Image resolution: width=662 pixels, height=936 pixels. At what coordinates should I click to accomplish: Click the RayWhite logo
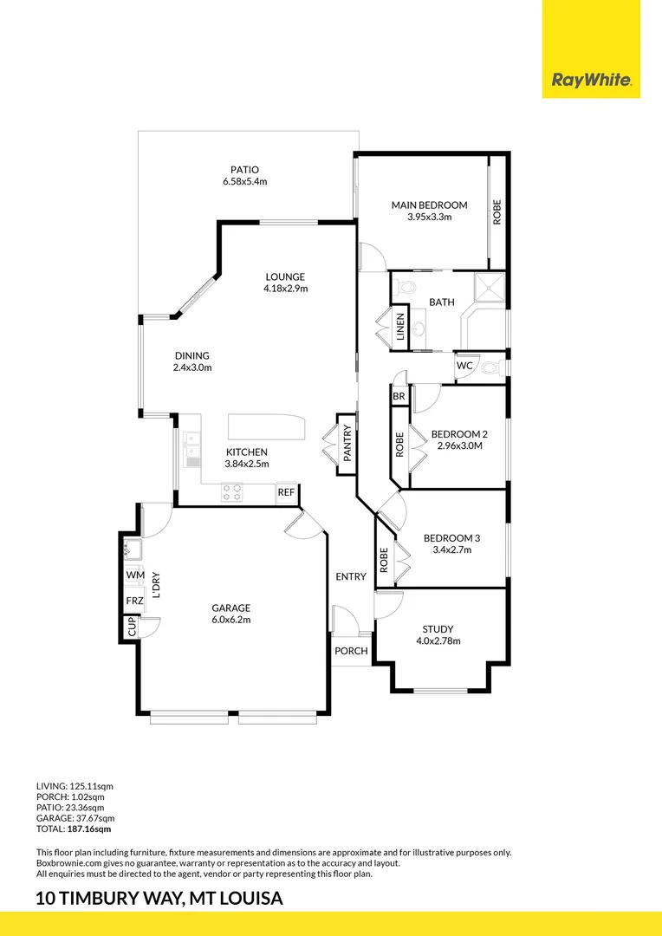point(591,81)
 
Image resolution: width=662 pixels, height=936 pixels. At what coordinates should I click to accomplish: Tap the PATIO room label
point(244,170)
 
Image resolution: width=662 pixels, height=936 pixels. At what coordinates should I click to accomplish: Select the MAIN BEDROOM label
point(429,205)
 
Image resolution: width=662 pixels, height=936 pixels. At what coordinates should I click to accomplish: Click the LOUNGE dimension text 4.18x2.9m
point(287,289)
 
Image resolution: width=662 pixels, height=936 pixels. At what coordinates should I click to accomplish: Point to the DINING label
point(192,355)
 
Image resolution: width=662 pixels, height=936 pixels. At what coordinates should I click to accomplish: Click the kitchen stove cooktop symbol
point(232,492)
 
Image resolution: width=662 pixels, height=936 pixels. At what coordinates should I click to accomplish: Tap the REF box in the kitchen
point(286,493)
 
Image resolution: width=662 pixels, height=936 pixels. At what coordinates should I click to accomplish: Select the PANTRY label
point(347,447)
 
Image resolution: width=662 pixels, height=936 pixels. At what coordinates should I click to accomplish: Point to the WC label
point(464,366)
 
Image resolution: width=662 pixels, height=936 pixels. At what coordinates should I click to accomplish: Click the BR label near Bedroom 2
point(399,396)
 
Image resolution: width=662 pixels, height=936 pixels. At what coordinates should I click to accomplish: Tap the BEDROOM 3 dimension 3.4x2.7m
point(451,549)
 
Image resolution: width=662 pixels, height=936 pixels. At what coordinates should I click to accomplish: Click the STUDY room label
point(438,629)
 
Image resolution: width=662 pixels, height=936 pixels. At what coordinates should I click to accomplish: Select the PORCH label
point(351,651)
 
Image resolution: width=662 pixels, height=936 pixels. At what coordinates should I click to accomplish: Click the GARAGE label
point(231,608)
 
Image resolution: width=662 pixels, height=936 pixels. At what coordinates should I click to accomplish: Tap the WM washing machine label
point(135,575)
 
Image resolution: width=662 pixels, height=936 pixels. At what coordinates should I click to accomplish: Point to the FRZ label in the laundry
point(135,601)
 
